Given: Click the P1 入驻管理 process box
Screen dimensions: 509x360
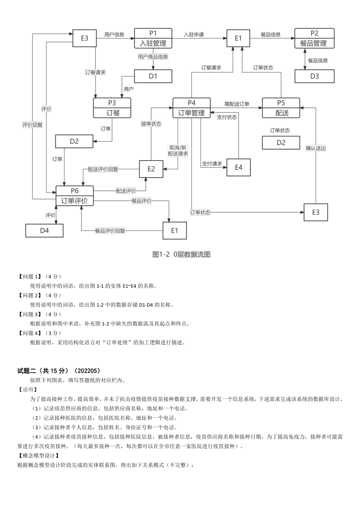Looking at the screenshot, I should point(153,38).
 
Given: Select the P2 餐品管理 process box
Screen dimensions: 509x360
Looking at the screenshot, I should point(315,38).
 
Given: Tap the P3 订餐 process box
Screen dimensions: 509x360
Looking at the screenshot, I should point(112,108).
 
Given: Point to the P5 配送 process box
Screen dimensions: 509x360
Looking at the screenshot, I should point(281,108).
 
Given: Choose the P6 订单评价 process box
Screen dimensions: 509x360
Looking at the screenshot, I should point(75,195).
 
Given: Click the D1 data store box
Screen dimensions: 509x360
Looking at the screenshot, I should point(153,76).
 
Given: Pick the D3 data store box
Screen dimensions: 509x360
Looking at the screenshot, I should point(315,76).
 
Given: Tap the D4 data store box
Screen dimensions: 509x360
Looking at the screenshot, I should point(44,230).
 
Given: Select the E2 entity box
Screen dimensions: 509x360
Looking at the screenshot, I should point(151,169).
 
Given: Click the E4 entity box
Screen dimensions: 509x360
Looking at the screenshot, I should point(238,167).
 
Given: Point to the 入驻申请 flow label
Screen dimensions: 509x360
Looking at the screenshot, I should point(194,34).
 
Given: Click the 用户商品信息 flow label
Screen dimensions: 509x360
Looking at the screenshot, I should point(153,57).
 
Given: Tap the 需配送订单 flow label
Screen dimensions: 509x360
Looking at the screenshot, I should point(236,104).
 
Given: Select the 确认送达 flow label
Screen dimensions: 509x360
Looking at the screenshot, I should point(316,148).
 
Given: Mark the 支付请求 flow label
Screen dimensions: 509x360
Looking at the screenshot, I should point(212,164).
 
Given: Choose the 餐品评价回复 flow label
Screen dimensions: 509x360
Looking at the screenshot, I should point(110,231).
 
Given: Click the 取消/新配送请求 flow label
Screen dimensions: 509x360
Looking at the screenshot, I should point(178,151).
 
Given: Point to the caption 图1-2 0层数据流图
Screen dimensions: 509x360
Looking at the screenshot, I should point(181,254).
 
